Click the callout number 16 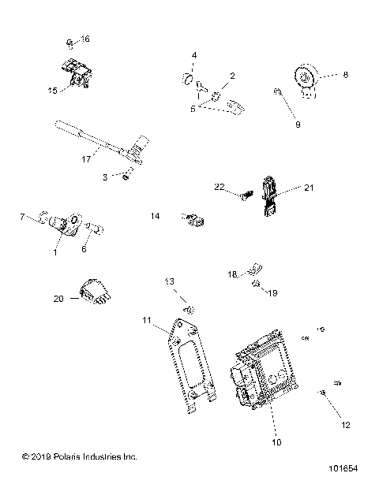pyautogui.click(x=85, y=39)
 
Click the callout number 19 pyautogui.click(x=272, y=293)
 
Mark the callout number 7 pyautogui.click(x=23, y=215)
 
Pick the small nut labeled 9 pyautogui.click(x=280, y=95)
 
